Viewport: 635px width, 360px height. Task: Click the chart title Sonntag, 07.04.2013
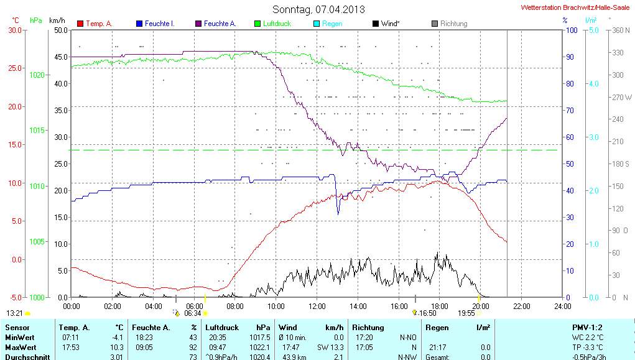(318, 9)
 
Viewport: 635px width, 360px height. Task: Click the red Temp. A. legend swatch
(80, 24)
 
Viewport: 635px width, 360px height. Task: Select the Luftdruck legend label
(277, 24)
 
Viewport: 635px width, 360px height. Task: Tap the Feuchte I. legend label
(159, 24)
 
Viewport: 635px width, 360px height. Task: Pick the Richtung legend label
(453, 24)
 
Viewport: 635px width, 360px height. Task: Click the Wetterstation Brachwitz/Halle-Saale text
(574, 7)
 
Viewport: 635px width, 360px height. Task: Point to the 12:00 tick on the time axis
(317, 306)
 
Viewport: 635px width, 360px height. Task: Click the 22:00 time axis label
(521, 306)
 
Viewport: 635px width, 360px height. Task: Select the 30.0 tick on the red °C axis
(14, 30)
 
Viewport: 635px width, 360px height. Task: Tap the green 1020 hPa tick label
(37, 75)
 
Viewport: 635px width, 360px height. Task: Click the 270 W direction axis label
(622, 97)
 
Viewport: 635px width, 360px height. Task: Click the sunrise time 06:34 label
(193, 313)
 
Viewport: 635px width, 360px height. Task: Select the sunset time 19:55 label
(466, 313)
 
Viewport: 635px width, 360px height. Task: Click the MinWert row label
(21, 338)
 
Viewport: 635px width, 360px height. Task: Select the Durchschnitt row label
(27, 357)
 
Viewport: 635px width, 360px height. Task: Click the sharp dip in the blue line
(338, 213)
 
